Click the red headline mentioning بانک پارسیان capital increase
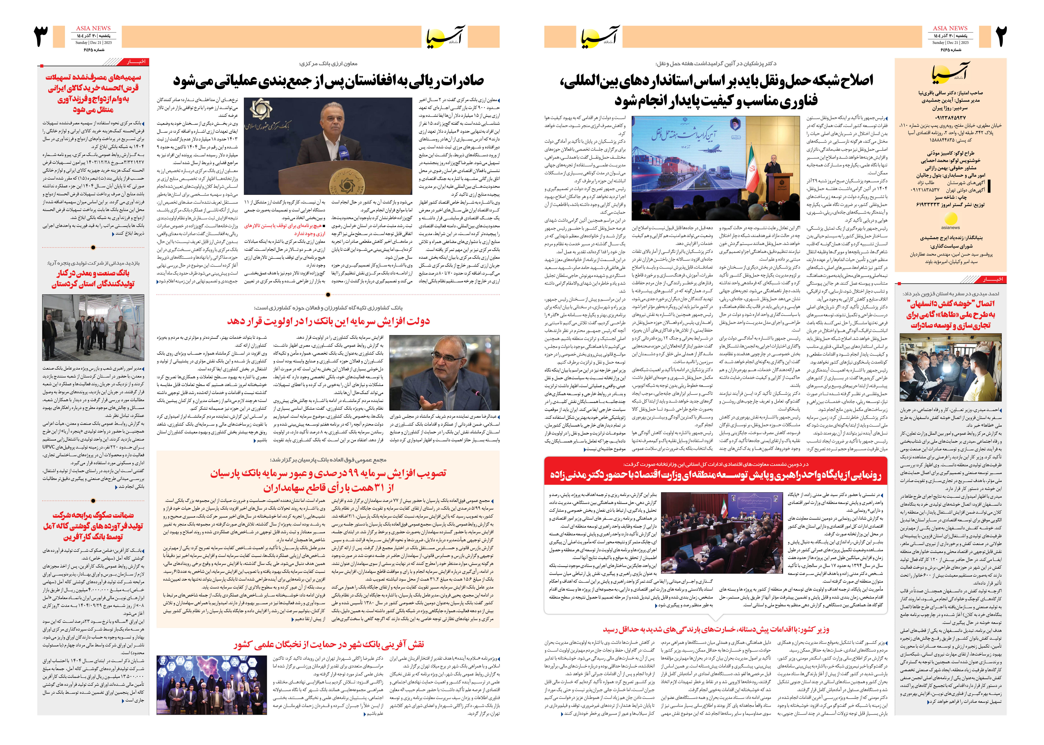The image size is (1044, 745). (328, 480)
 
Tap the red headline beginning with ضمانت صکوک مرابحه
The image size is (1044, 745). (93, 526)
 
